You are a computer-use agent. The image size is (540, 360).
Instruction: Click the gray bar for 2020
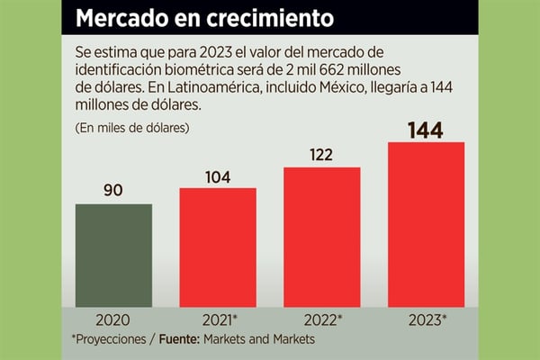113,254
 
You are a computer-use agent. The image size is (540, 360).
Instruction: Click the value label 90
113,191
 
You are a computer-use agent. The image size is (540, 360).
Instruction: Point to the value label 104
218,175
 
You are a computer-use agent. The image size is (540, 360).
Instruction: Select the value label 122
322,155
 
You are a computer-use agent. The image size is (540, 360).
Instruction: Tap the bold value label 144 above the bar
426,129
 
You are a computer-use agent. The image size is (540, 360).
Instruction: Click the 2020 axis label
113,319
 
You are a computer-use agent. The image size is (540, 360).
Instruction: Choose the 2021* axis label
219,319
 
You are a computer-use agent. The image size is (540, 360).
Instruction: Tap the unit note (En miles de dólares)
131,128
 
